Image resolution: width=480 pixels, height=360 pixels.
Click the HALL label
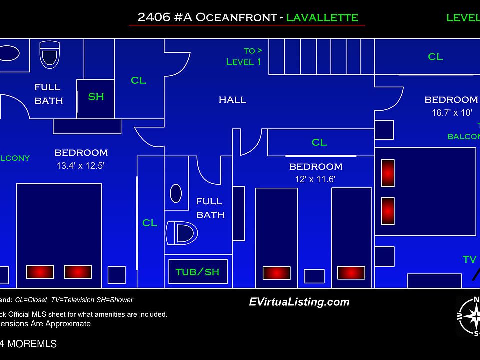[x=232, y=100]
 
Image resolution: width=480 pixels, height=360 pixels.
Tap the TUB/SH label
[x=197, y=272]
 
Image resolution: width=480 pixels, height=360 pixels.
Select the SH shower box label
[x=96, y=97]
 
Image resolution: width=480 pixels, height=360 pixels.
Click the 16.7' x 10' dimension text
[x=451, y=113]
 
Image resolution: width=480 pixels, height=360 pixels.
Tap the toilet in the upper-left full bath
[x=50, y=54]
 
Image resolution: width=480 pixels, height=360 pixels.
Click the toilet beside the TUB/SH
[x=183, y=233]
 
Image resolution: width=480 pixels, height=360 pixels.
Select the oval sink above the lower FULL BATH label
[x=176, y=193]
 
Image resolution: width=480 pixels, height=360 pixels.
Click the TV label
[x=469, y=259]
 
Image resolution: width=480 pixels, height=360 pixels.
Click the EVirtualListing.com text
[x=299, y=302]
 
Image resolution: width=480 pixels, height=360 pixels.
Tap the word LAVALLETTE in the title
[x=322, y=18]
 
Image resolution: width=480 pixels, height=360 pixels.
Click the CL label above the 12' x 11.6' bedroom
[x=319, y=143]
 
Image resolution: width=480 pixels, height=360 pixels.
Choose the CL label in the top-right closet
[x=435, y=57]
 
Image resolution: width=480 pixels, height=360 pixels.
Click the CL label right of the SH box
[x=138, y=80]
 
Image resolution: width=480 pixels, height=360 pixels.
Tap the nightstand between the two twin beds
[x=314, y=276]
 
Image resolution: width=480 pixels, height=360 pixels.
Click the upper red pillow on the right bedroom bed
[x=388, y=173]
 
